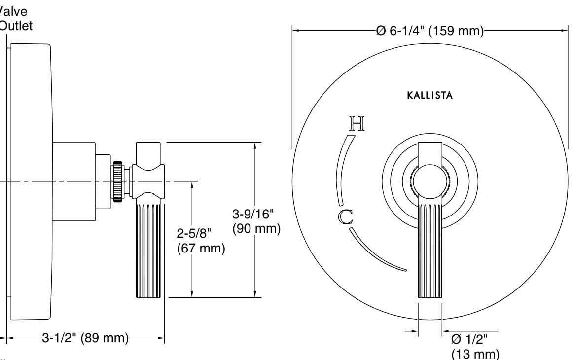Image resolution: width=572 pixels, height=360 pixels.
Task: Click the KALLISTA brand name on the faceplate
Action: coord(429,95)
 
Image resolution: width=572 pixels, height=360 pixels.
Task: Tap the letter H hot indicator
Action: coord(357,124)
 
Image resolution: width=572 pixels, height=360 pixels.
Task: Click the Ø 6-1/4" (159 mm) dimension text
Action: coord(429,31)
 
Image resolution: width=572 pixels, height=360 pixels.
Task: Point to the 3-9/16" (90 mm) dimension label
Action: coord(256,221)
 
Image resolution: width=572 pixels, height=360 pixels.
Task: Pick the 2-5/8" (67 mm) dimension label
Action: coord(201,241)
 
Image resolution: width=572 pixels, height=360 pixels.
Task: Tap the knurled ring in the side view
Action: coord(118,181)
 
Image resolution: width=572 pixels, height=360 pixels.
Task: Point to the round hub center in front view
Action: coord(430,181)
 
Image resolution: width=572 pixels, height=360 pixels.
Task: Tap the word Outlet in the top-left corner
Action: coord(16,26)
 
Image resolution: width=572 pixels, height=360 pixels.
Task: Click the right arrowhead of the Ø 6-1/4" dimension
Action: coord(564,31)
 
